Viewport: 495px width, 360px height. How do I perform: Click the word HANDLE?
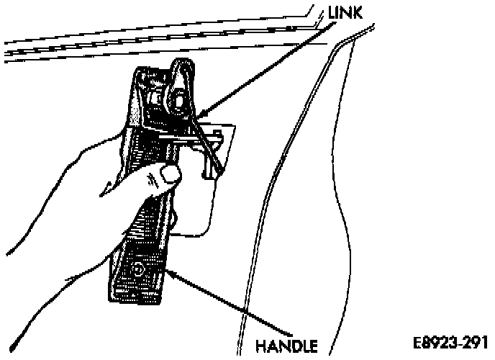pyautogui.click(x=287, y=345)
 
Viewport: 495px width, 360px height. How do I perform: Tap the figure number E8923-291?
pyautogui.click(x=450, y=341)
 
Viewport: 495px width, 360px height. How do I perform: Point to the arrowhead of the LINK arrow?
pyautogui.click(x=199, y=114)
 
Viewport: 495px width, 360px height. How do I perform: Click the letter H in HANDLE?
pyautogui.click(x=261, y=345)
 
